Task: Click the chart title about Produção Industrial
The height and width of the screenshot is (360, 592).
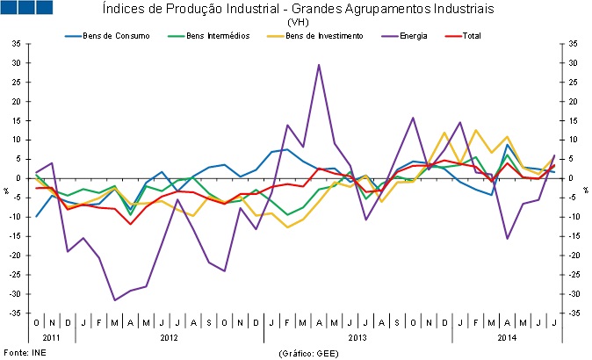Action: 298,9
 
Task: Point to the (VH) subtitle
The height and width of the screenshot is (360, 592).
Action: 297,21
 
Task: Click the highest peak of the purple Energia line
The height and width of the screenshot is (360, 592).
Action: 318,65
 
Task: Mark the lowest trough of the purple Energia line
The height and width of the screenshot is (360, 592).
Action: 115,300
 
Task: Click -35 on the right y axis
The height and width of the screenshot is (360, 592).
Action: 572,312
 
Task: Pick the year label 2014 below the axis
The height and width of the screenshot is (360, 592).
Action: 507,337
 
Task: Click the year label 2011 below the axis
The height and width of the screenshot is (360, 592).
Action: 53,337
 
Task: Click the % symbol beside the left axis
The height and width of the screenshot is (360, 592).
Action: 7,190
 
